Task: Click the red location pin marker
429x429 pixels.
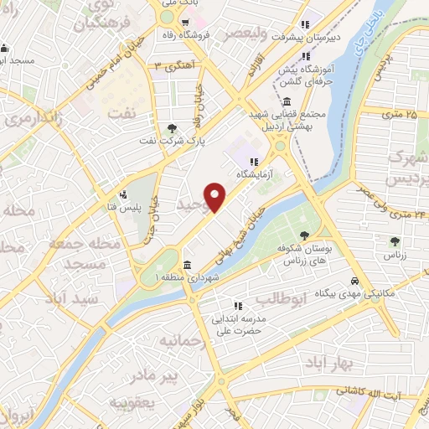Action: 216,196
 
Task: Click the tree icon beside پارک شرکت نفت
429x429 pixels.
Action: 172,127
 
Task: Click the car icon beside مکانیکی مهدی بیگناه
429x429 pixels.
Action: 354,282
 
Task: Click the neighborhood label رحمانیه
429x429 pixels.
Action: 183,341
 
